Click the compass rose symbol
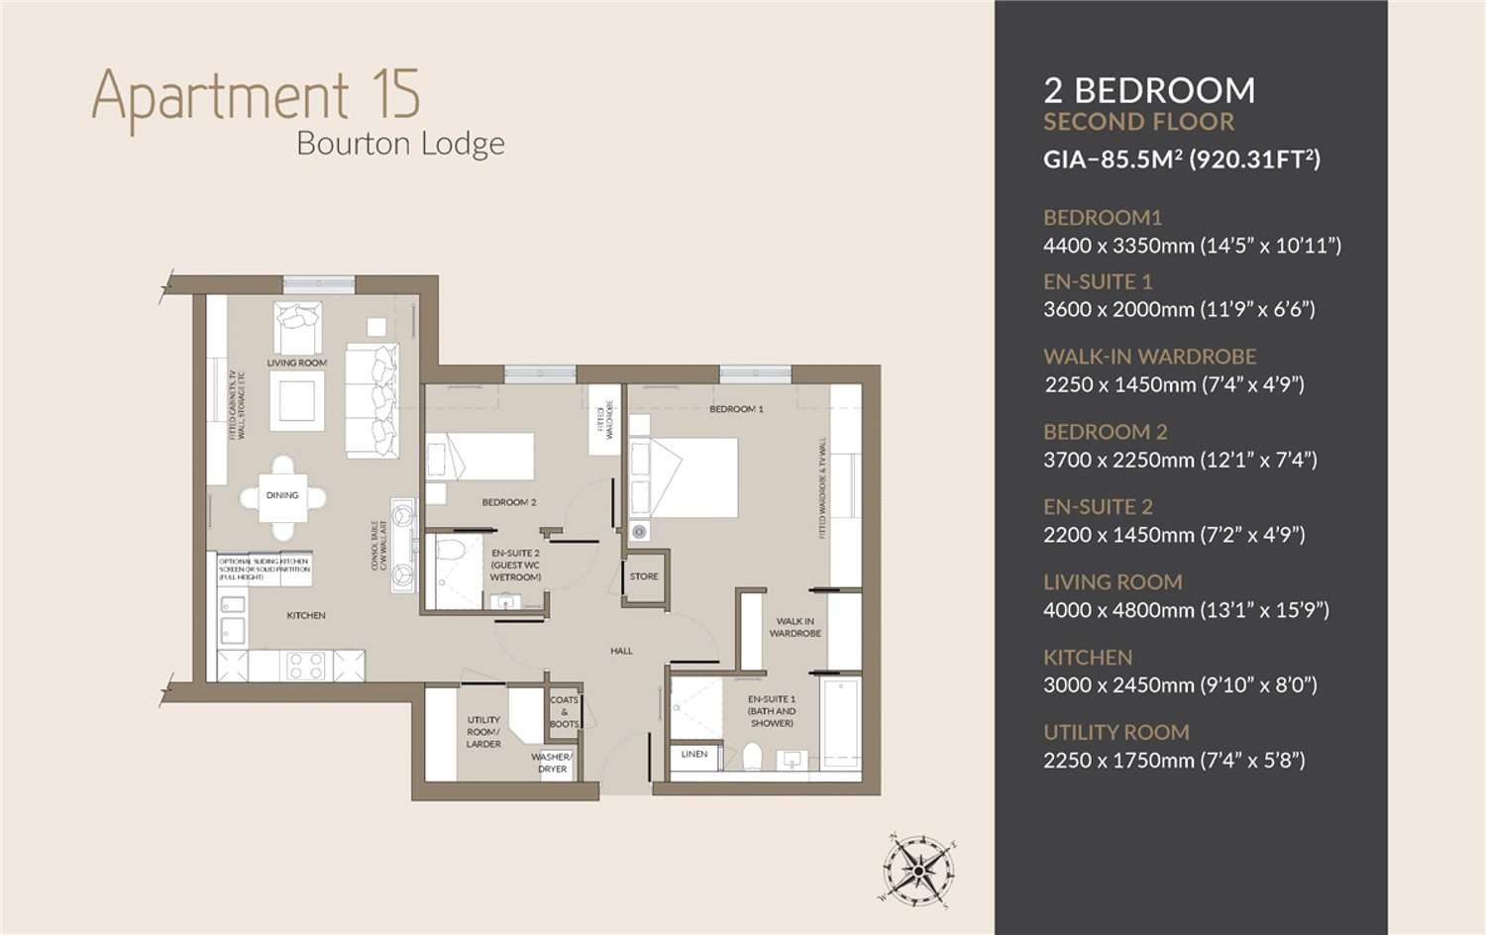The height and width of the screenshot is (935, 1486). (x=918, y=871)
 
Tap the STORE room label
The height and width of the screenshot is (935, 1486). (x=644, y=576)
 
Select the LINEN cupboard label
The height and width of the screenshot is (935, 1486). (x=694, y=755)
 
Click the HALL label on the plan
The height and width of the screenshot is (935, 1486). (x=621, y=651)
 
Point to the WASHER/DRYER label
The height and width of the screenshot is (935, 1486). (x=552, y=763)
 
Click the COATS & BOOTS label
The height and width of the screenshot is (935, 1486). (x=564, y=712)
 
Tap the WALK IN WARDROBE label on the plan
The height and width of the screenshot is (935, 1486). (x=795, y=627)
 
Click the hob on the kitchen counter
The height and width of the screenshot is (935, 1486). (x=305, y=665)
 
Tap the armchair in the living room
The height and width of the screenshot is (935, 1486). (x=297, y=327)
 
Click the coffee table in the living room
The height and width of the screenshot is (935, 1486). (x=296, y=401)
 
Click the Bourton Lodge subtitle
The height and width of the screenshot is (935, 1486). (x=400, y=144)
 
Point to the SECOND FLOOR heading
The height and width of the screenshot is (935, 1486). (x=1138, y=122)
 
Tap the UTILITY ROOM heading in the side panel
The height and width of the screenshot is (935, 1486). (x=1115, y=732)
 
